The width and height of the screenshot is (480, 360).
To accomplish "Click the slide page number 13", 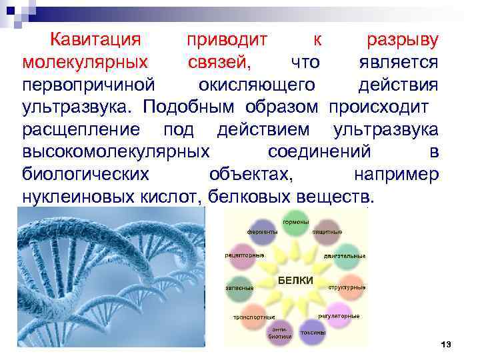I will [446, 344].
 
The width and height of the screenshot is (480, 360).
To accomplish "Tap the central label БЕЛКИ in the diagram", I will [295, 281].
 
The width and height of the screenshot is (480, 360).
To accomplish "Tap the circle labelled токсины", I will [312, 331].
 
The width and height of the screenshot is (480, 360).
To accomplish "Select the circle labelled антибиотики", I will [278, 331].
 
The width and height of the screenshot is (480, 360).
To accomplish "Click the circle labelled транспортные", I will [251, 316].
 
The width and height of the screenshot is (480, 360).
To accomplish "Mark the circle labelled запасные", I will [241, 287].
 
